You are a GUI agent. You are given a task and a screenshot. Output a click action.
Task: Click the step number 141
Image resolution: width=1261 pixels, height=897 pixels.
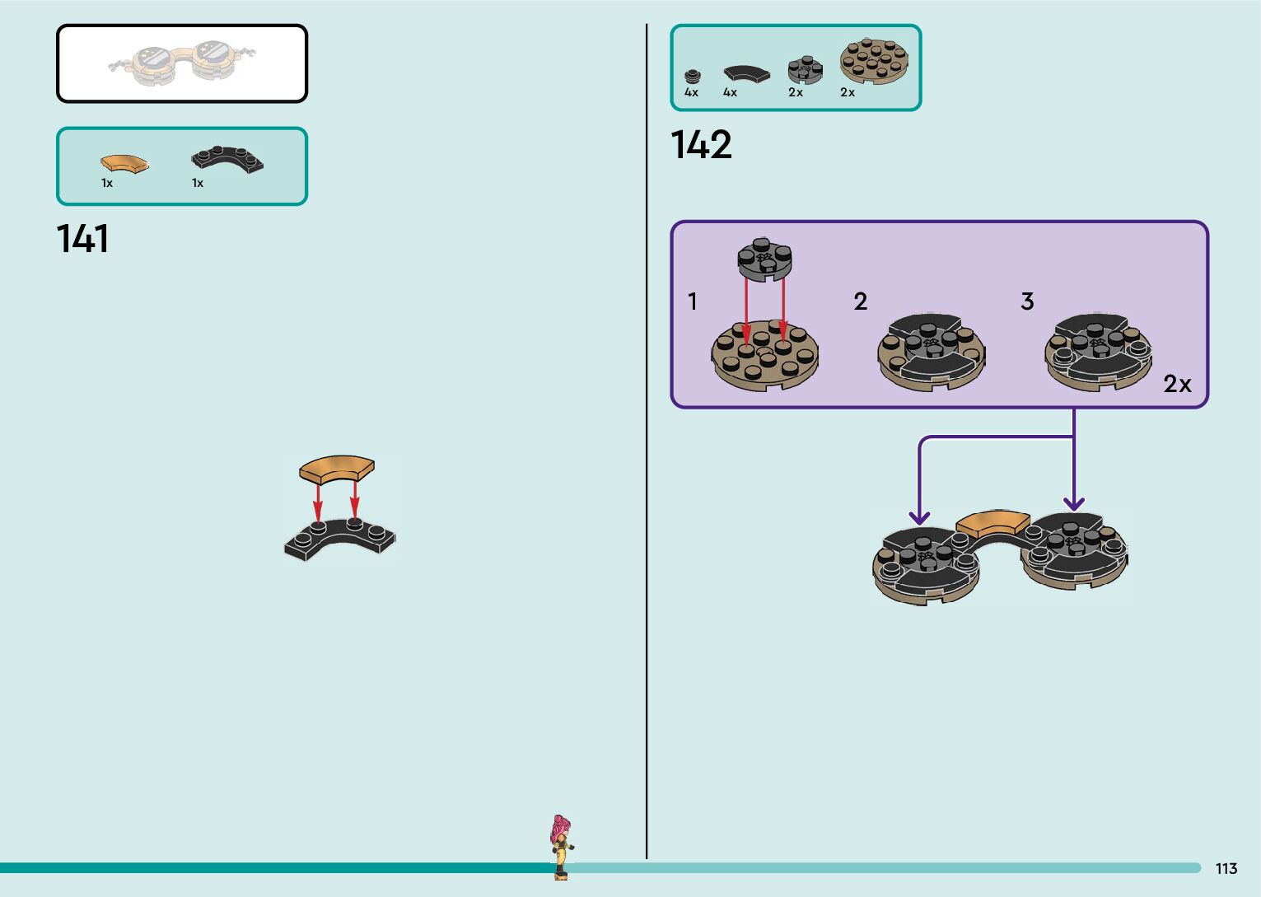click(83, 239)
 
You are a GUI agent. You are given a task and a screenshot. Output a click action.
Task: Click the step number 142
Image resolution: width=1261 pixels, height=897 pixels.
click(701, 145)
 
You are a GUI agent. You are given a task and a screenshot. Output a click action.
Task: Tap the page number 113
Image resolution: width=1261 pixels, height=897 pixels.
click(1226, 868)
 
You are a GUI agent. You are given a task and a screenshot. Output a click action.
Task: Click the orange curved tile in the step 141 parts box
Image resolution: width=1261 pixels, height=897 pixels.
click(124, 163)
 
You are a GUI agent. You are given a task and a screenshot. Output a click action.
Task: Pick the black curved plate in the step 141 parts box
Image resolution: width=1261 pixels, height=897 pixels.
click(227, 159)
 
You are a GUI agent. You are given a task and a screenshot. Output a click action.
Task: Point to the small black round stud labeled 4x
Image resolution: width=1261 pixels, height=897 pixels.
click(693, 77)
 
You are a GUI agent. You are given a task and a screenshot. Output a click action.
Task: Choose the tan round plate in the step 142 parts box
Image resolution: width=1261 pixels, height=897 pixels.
click(874, 61)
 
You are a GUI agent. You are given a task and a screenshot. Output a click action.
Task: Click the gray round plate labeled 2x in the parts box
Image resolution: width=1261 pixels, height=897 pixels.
click(805, 70)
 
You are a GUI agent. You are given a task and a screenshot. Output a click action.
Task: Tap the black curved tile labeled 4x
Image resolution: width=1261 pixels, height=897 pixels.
click(746, 73)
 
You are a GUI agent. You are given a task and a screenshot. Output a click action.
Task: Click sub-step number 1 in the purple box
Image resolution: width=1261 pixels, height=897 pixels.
click(693, 301)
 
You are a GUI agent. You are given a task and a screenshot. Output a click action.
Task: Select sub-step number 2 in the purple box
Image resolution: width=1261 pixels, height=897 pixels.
click(861, 301)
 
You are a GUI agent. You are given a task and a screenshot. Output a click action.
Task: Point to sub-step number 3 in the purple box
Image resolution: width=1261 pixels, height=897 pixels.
click(1027, 301)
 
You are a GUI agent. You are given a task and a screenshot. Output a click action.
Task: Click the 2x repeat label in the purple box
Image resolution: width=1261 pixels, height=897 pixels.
click(1177, 384)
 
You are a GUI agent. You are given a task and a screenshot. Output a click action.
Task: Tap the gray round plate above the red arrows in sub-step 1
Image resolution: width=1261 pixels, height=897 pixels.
click(765, 259)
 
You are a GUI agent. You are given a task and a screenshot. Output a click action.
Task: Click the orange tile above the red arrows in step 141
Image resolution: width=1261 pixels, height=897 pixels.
click(336, 468)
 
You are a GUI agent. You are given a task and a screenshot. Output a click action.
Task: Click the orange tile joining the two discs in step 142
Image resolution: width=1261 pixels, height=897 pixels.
click(992, 523)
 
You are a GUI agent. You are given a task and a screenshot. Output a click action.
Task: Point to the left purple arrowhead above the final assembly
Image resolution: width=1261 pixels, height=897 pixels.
click(919, 517)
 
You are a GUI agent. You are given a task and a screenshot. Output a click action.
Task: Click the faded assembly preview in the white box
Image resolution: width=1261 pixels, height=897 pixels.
click(182, 63)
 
